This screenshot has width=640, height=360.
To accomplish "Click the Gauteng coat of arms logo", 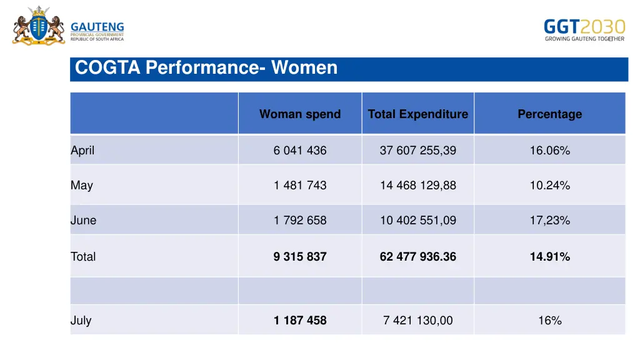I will coord(38,26).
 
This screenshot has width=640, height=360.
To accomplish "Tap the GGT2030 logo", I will coord(584,29).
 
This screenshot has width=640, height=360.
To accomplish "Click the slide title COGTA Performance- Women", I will coord(206,67).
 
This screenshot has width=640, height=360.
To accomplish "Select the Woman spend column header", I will coord(300,114).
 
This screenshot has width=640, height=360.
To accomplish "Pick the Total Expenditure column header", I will coord(417,114).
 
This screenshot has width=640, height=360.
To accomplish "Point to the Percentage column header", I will coord(549,114).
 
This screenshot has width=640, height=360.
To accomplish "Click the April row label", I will coord(82,150).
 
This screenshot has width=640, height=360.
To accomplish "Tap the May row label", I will coord(82,185).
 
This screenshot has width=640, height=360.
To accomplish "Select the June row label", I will coord(84,220).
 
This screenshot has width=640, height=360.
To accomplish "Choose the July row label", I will coord(81,321).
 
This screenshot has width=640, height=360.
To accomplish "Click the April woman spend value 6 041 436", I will coord(300,150).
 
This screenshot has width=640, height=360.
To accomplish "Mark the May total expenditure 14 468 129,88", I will coord(417,185).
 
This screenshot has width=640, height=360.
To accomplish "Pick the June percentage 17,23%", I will coord(549,220).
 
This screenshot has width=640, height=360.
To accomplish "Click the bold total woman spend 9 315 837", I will coord(300,256).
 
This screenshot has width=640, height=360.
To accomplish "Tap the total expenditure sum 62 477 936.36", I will coord(417,256).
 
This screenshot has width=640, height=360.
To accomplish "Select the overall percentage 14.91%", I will coord(549,256).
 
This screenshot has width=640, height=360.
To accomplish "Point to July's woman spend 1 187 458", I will coord(300,321).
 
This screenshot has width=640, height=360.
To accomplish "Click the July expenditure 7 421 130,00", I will coord(417,321).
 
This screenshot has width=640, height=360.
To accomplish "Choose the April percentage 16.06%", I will coord(549,150).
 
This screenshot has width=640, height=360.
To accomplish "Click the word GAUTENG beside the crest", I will coord(97,27).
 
